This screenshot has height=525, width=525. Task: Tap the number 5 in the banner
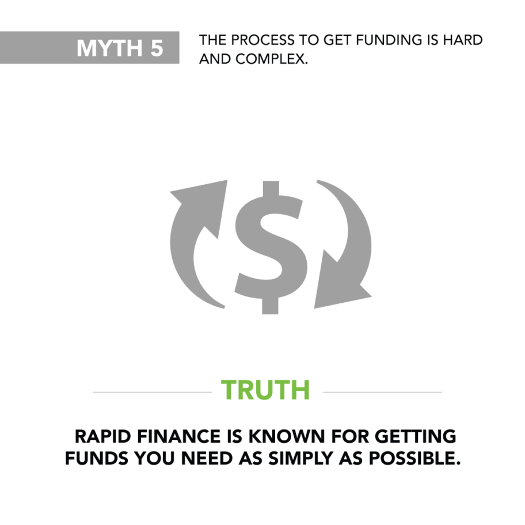(157, 48)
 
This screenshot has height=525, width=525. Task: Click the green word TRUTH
(265, 390)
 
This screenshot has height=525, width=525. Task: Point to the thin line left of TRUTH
(152, 393)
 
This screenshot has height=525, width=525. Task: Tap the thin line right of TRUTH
(382, 393)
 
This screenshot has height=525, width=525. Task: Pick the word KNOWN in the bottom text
(279, 436)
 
